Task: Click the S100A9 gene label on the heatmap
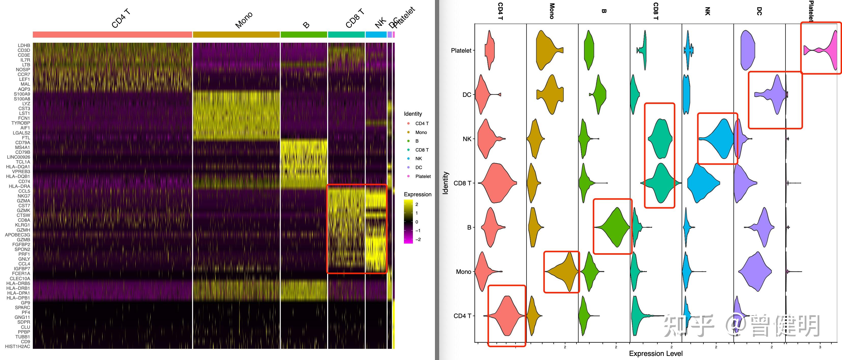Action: point(22,94)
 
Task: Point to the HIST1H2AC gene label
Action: point(17,347)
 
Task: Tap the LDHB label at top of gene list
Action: point(24,46)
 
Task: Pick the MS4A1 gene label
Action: point(23,147)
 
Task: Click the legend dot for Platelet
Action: point(408,176)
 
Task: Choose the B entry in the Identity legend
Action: point(417,141)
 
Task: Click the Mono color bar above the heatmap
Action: point(236,35)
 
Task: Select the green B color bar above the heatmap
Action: point(304,35)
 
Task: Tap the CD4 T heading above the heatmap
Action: point(121,19)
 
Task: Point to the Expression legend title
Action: point(417,194)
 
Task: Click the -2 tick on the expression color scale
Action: point(418,239)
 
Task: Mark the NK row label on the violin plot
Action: point(467,139)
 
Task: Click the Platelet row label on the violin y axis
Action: point(461,51)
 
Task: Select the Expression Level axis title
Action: point(656,353)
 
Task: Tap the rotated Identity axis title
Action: point(445,183)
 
